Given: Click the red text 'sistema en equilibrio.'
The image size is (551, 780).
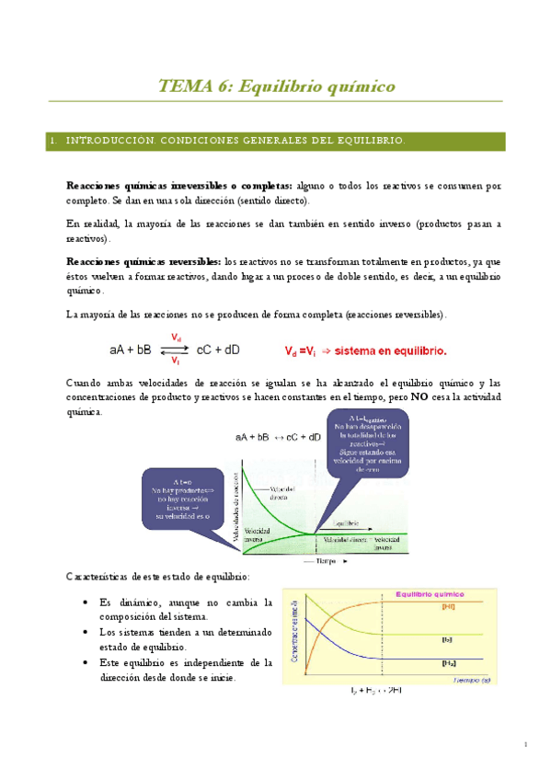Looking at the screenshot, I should (392, 350).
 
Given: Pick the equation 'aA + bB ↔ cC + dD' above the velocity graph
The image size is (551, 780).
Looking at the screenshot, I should (279, 437).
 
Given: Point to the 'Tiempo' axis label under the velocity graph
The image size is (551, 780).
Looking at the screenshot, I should (296, 559).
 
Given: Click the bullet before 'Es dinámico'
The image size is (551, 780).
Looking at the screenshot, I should (86, 602).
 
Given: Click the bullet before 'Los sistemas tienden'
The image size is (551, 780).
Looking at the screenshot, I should (86, 633).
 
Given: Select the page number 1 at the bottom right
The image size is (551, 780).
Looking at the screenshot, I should (523, 744).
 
